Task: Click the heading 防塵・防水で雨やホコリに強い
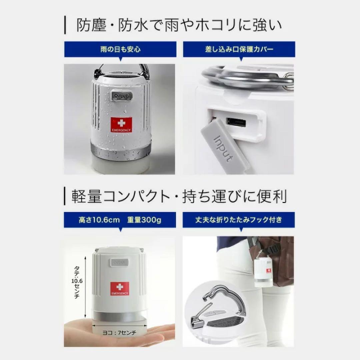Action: coord(179,25)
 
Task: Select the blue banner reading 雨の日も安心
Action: coord(120,50)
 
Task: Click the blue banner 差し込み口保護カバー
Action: coord(239,50)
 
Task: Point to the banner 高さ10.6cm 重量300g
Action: coord(120,220)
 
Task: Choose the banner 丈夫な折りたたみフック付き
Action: coord(239,220)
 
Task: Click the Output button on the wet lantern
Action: coord(121,96)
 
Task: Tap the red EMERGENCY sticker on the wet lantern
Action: coord(121,124)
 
